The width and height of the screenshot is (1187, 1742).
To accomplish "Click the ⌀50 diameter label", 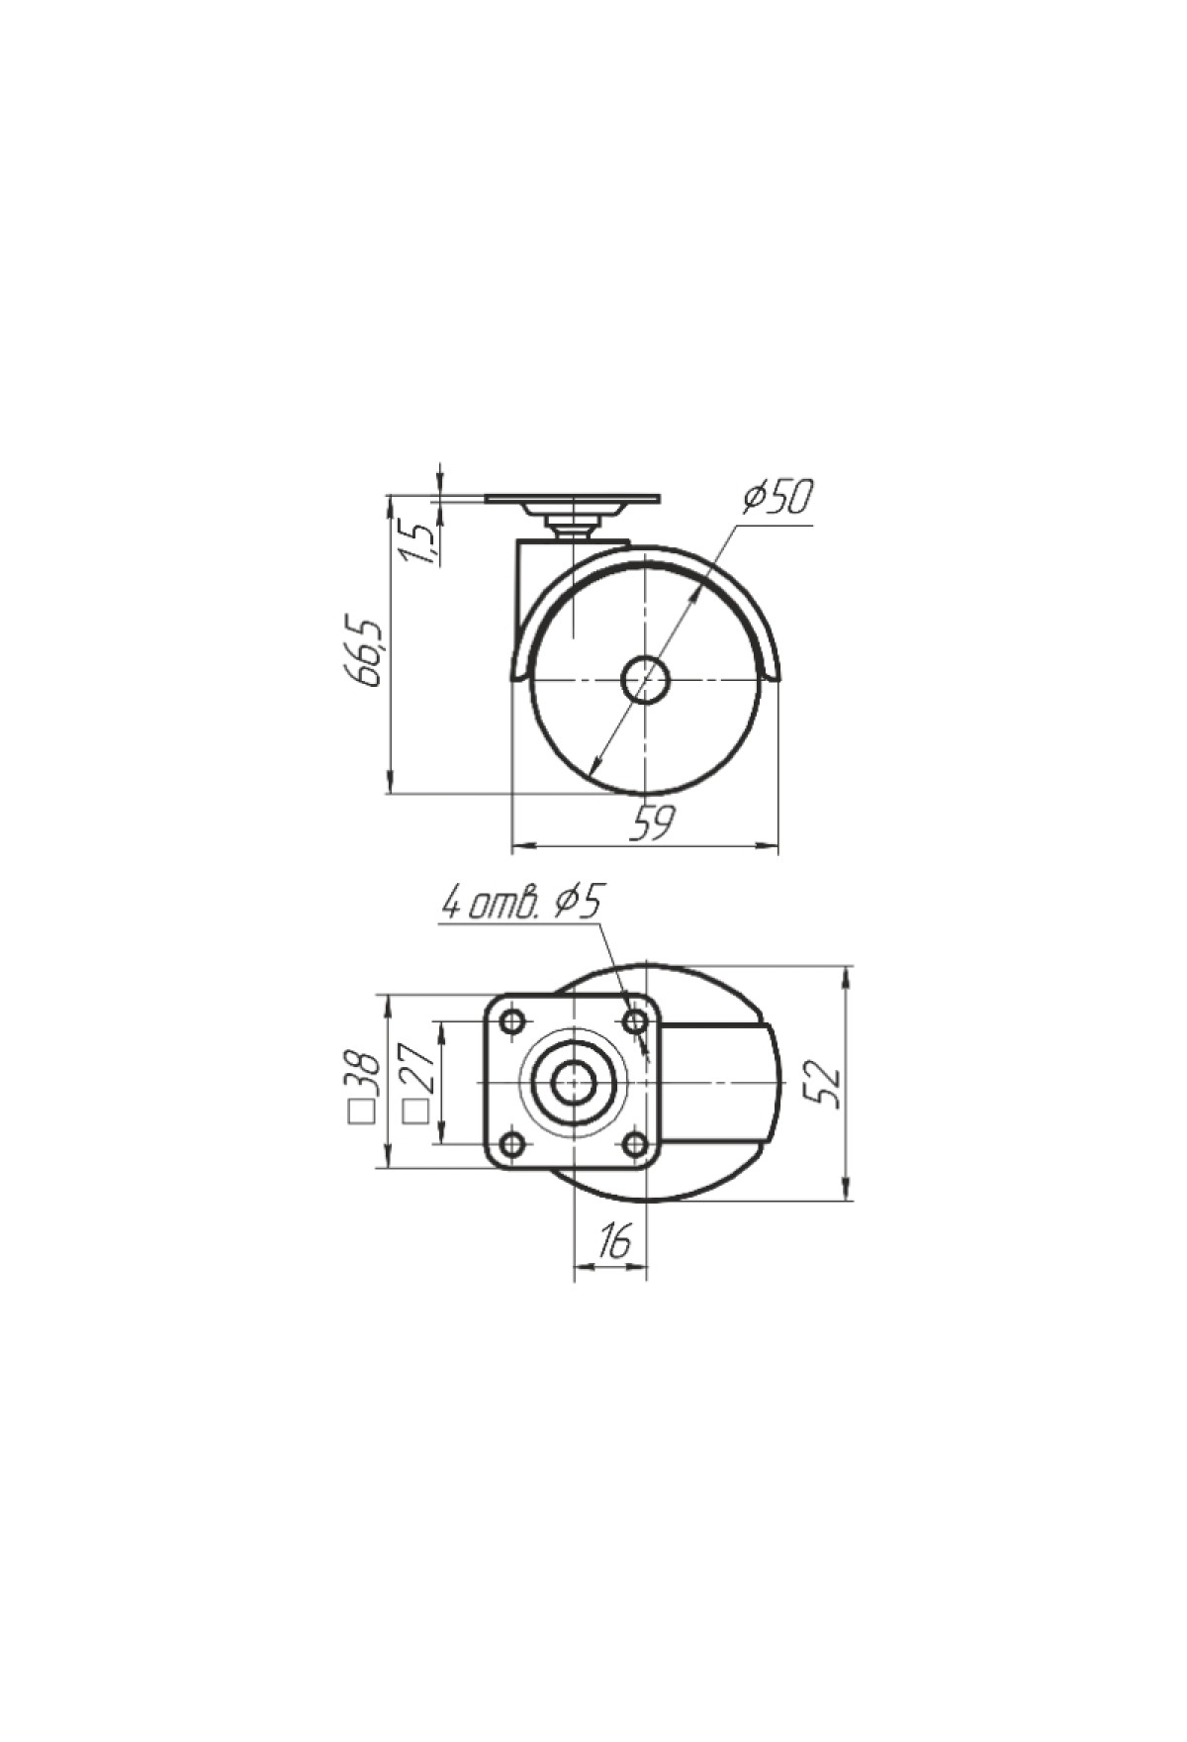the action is [x=778, y=497].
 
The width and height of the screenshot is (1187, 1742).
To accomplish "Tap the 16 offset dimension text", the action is [x=613, y=1241].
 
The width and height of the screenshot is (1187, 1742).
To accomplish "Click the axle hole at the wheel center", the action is [x=645, y=680].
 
